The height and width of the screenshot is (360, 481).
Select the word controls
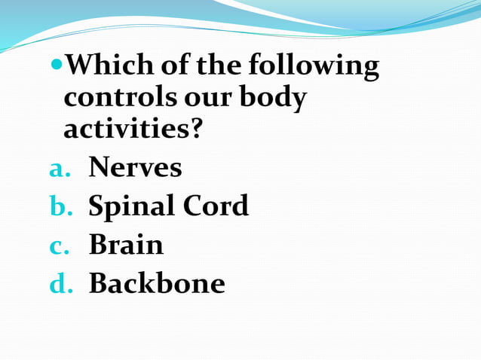coord(119,99)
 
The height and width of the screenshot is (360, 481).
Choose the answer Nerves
coord(135,167)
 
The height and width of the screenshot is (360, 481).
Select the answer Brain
coord(126,244)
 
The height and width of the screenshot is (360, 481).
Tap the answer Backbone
coord(157,283)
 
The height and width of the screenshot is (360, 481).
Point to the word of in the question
coord(176,68)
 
